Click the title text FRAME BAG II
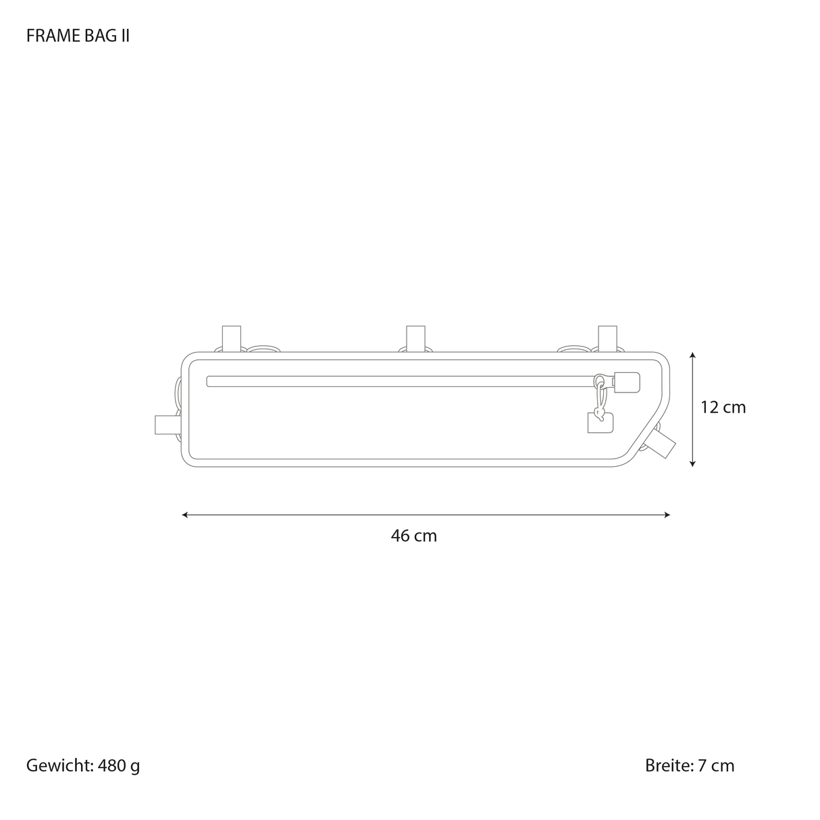pos(78,36)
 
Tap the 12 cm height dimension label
pos(723,407)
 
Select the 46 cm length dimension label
pos(413,536)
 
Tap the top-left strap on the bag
pos(232,338)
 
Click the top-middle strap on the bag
pos(415,338)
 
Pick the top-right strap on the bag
pos(607,338)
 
